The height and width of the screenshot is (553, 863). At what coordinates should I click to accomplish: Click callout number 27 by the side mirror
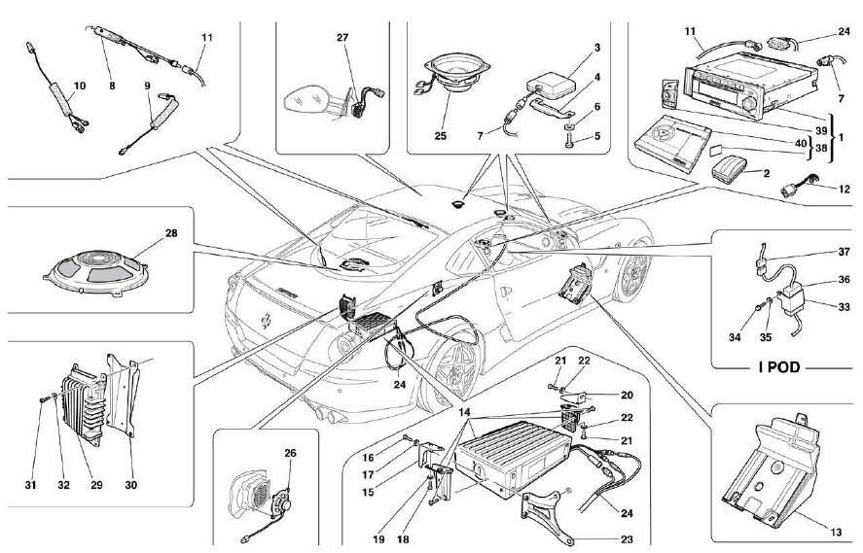[342, 39]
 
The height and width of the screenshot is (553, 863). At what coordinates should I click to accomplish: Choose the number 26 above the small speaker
[290, 452]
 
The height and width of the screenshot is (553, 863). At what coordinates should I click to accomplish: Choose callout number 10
[80, 86]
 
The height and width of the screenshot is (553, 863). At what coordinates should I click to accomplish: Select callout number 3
[597, 47]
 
